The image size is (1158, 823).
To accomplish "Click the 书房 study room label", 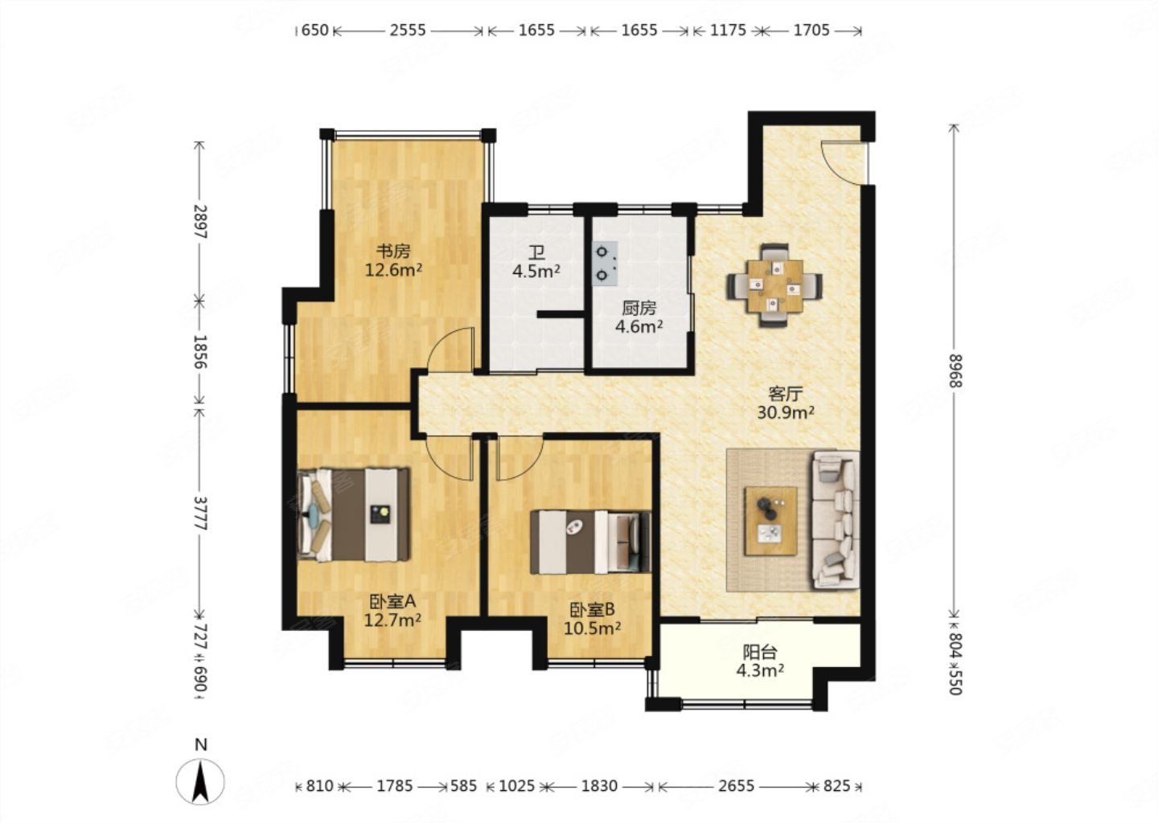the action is (x=393, y=252).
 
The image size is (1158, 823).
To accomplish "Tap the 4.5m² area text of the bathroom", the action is (x=536, y=271).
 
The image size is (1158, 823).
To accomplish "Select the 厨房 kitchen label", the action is (x=639, y=309).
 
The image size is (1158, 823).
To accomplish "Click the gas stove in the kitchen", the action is (x=605, y=264).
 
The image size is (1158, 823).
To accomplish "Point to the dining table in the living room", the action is (x=774, y=285).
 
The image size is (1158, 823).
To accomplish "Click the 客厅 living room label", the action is (x=785, y=394).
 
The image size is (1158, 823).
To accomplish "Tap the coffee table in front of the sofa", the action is (x=770, y=521).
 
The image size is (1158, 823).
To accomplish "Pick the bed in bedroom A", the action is (x=355, y=514).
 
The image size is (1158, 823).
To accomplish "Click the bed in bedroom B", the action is (x=590, y=542).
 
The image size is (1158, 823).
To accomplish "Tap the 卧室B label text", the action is (x=592, y=610).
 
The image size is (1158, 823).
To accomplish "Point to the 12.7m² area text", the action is (x=392, y=620).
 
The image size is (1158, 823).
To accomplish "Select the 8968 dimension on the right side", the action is (x=955, y=372).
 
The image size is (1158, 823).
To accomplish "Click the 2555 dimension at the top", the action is (x=408, y=31).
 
